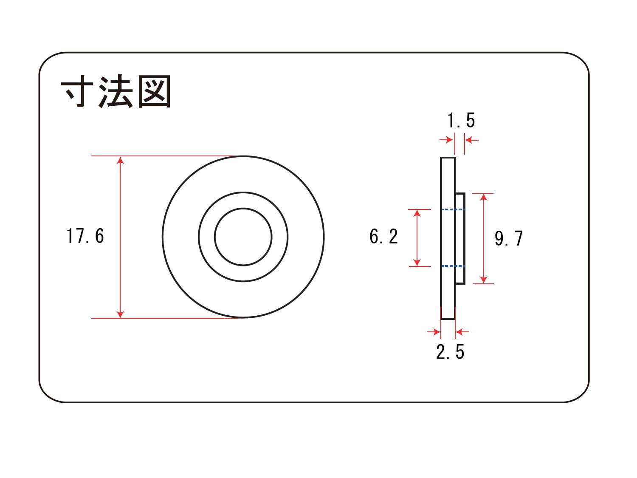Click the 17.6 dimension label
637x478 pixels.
[x=85, y=236]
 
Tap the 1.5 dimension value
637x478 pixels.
[x=461, y=121]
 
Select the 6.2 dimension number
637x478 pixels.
[x=383, y=237]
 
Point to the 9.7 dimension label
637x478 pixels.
[x=509, y=238]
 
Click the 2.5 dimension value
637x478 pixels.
[x=450, y=352]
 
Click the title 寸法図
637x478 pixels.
[x=116, y=92]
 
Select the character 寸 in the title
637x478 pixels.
[x=77, y=92]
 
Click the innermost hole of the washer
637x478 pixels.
[x=243, y=237]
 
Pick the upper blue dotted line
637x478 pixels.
[x=453, y=209]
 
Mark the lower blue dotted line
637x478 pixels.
[x=453, y=266]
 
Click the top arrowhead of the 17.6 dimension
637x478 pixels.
[x=121, y=160]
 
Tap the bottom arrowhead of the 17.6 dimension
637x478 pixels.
[x=121, y=314]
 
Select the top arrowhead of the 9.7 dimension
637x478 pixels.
[x=484, y=197]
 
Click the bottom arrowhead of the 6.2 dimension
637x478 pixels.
[x=417, y=263]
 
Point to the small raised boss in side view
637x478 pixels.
[x=460, y=238]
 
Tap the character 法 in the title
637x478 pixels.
[x=116, y=92]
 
